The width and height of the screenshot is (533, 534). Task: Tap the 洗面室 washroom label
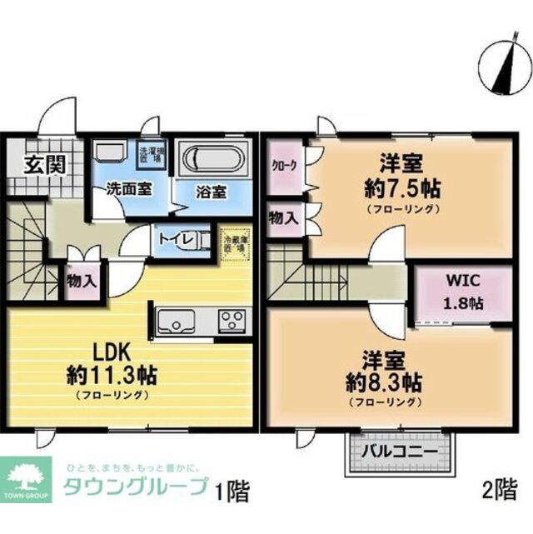pyautogui.click(x=128, y=189)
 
